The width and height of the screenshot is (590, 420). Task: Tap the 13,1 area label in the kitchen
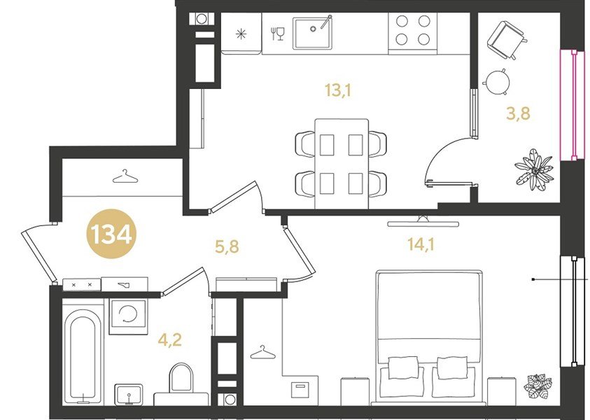coord(338,91)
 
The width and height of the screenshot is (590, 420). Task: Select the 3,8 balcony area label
coord(518,113)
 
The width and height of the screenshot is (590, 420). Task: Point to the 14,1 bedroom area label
coord(421,245)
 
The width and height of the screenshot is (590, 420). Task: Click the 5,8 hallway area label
coord(227,247)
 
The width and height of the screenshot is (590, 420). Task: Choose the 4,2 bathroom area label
coord(170,340)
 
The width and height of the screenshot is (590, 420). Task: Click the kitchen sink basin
coord(313,33)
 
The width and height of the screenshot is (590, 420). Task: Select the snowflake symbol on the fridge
coord(241,34)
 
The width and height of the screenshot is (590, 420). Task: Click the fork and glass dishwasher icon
coord(278,34)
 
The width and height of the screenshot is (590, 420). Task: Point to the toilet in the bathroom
coord(181,378)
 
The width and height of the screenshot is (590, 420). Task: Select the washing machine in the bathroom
coord(128,317)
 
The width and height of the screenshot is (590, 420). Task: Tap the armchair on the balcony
coord(507,40)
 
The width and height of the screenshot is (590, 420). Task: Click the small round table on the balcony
coord(497,82)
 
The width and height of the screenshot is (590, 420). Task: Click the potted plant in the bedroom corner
coord(538,386)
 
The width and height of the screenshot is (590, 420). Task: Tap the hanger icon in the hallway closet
coord(125,176)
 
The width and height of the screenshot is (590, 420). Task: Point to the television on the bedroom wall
coord(423,223)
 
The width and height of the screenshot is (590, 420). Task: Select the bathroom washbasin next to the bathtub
coord(129,395)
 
